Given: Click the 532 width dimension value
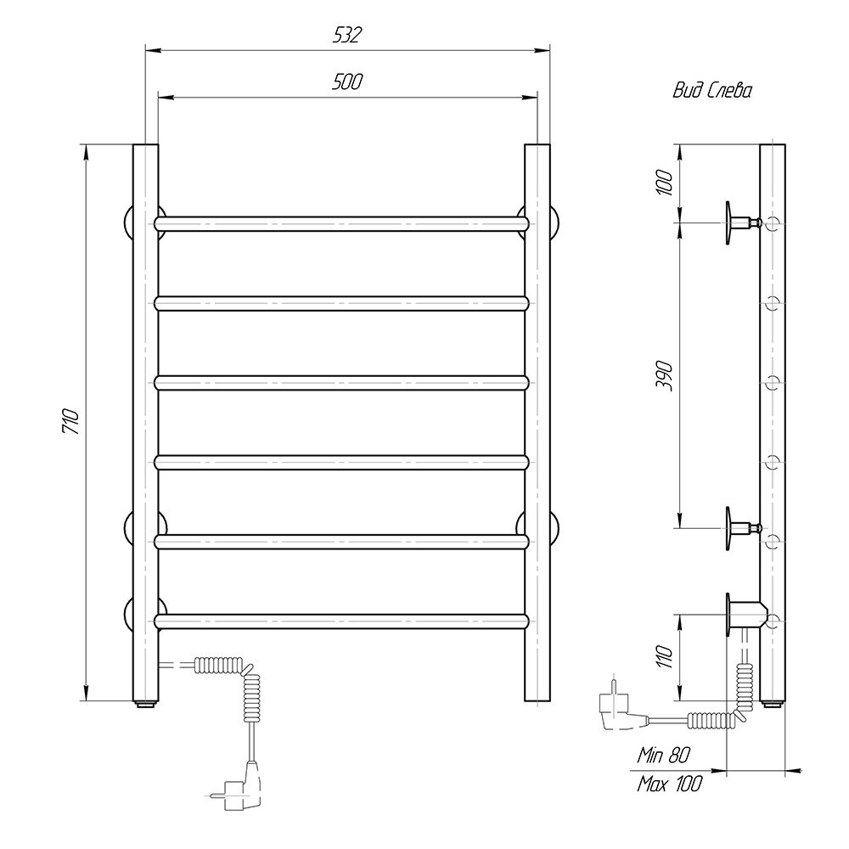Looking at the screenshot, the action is (x=346, y=35).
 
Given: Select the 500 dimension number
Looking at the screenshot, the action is (x=346, y=82).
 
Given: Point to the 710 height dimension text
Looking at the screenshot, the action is (x=72, y=422).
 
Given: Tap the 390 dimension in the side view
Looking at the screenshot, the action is (x=665, y=376).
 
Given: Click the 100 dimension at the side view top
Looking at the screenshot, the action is (x=665, y=183).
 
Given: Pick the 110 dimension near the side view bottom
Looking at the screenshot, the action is (x=665, y=657).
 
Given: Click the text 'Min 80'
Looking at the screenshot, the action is (x=664, y=755).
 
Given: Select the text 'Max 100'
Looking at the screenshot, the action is (x=669, y=784).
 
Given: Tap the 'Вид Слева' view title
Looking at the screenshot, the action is (x=712, y=91).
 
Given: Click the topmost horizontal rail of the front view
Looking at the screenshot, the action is (x=341, y=223).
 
